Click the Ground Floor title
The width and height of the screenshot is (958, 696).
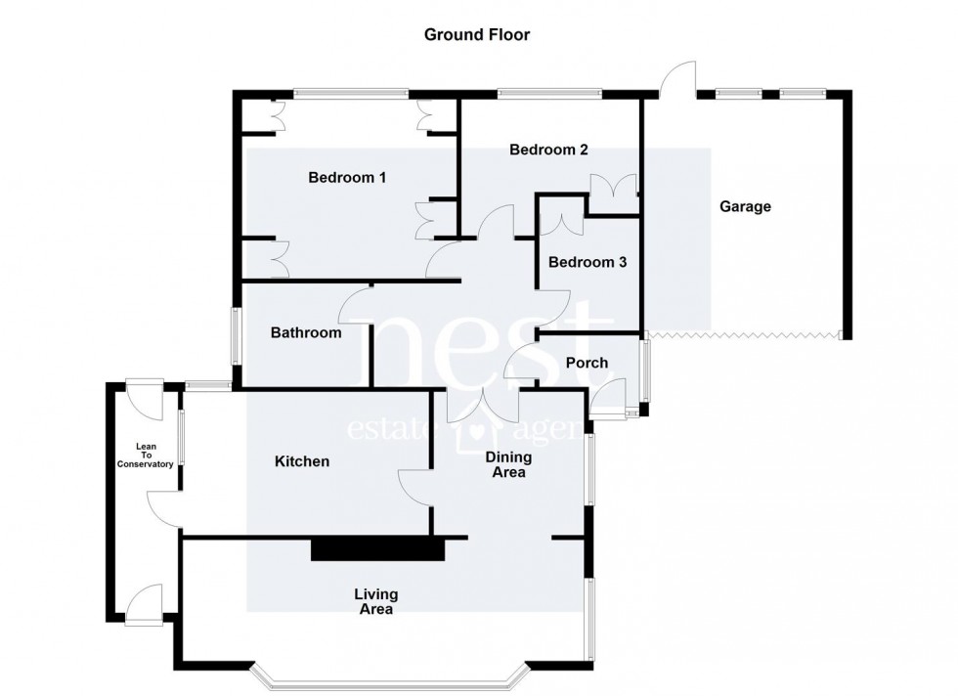point(476,35)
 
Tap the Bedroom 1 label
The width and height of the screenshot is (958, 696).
point(347,178)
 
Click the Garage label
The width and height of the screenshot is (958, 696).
point(745,206)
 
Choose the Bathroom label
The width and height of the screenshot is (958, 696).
point(306,333)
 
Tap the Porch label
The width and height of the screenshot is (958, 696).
point(587,363)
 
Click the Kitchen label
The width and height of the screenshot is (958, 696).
point(301,461)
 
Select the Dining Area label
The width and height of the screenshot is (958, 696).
point(508,464)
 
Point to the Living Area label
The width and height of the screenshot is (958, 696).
point(375,601)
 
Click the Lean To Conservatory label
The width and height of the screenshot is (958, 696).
point(145,456)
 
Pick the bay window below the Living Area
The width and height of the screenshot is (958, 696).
point(391,678)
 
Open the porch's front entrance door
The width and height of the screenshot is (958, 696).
point(608,400)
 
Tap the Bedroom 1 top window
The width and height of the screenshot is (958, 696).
point(350,94)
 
